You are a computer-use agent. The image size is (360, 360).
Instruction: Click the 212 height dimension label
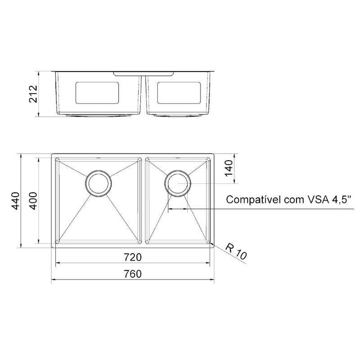33,94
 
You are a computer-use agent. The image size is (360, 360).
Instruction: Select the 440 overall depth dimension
16,201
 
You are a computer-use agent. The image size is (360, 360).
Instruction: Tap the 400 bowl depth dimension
33,201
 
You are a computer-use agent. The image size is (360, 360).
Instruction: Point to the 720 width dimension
133,257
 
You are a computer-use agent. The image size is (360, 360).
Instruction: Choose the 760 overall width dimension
133,274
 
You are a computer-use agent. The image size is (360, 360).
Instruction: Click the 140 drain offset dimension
229,168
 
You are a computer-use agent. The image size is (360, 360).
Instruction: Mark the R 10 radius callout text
236,252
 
